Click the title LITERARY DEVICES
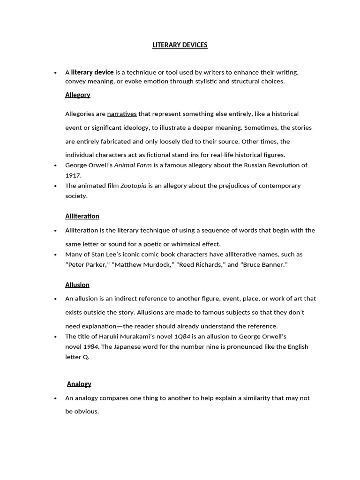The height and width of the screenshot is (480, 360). pyautogui.click(x=180, y=45)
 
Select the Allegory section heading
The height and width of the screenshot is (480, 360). pyautogui.click(x=77, y=95)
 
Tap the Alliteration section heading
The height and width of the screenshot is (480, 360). pyautogui.click(x=82, y=216)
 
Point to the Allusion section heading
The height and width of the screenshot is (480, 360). pyautogui.click(x=77, y=285)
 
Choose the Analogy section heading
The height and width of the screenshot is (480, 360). pyautogui.click(x=79, y=384)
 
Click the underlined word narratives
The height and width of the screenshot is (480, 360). pyautogui.click(x=122, y=114)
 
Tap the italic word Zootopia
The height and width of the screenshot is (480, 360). pyautogui.click(x=133, y=186)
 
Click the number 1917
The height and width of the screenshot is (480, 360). pyautogui.click(x=73, y=175)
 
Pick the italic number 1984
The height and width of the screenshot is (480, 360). pyautogui.click(x=90, y=347)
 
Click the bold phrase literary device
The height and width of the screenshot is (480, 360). pyautogui.click(x=92, y=72)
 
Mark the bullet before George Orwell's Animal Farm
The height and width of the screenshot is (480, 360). pyautogui.click(x=55, y=165)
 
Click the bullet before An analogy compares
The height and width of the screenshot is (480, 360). pyautogui.click(x=55, y=398)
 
